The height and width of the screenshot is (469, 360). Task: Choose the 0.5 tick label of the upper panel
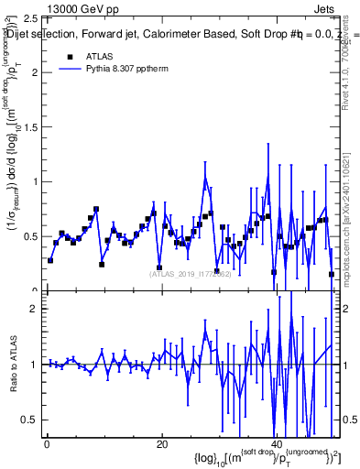[32, 236]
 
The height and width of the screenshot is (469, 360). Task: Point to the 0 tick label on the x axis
[47, 445]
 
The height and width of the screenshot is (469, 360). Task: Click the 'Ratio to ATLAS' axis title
[13, 375]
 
